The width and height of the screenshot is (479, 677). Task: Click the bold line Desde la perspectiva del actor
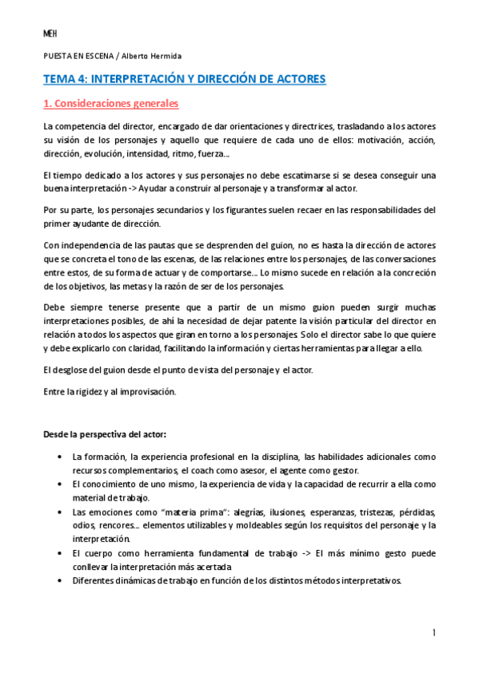pyautogui.click(x=104, y=434)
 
